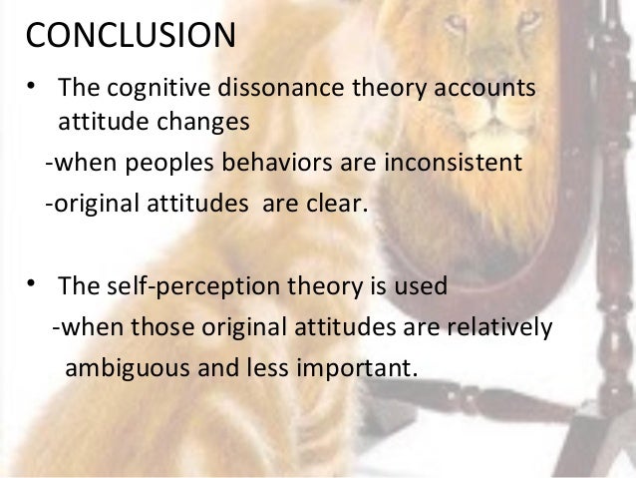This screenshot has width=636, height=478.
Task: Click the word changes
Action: click(x=199, y=123)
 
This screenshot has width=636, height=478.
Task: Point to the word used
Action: click(x=427, y=287)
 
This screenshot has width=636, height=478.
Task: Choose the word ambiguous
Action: click(x=124, y=366)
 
